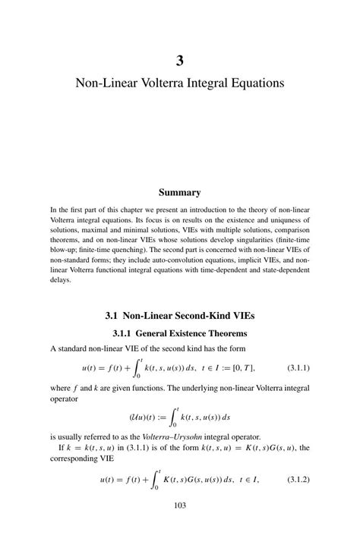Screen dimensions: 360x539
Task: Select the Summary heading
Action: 180,193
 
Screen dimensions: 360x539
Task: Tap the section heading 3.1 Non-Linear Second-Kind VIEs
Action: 180,314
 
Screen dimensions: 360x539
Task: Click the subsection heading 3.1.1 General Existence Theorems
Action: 180,333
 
